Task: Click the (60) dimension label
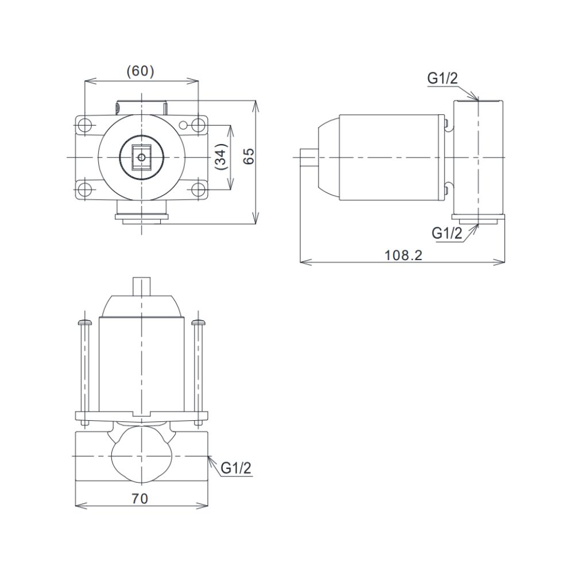click(x=140, y=71)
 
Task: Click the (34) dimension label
click(x=222, y=157)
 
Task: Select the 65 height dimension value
click(x=249, y=156)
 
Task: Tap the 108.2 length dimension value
click(x=403, y=255)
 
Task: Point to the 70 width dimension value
click(x=140, y=499)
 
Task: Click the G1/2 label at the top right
click(x=443, y=78)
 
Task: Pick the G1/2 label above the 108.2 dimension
click(x=447, y=233)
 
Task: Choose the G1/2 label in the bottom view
click(x=236, y=468)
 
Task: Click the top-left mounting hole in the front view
click(x=85, y=126)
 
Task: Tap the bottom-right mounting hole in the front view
click(x=198, y=189)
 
